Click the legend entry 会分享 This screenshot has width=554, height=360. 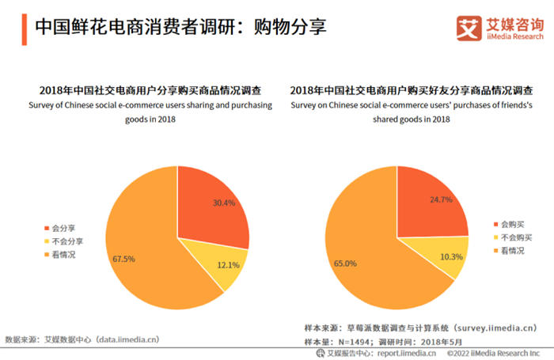(65, 227)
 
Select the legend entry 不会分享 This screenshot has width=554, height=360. (68, 241)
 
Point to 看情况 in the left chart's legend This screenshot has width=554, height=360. (65, 254)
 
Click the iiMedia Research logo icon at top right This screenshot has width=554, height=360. (467, 28)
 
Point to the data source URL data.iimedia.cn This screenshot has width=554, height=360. (127, 339)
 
